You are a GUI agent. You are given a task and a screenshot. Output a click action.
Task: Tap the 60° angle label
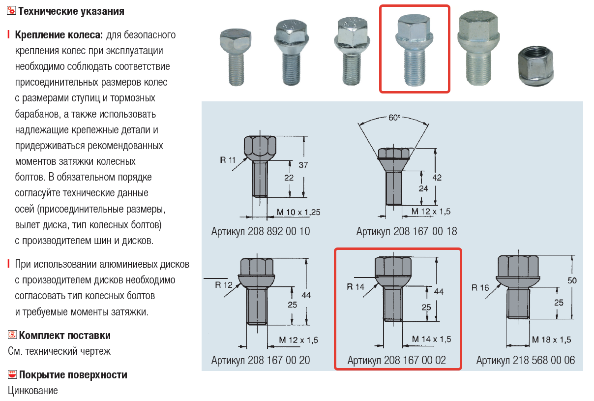point(394,118)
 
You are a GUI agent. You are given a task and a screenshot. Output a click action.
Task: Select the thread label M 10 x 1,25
point(298,212)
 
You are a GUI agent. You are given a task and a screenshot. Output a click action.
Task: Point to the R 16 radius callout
point(480,287)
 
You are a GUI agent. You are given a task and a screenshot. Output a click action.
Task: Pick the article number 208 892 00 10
point(261,231)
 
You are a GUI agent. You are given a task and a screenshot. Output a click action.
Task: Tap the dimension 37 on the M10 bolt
point(303,165)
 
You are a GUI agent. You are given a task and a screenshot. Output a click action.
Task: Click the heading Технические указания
point(71,11)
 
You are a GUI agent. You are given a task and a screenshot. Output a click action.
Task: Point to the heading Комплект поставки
point(64,336)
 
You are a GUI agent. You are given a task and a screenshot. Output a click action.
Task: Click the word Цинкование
point(33,391)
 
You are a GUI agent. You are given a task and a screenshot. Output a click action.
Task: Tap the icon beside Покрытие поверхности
point(13,375)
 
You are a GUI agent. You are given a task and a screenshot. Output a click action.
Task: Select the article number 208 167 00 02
point(397,360)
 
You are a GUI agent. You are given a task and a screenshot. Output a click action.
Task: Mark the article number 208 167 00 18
point(407,231)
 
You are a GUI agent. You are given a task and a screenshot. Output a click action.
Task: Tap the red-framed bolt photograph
point(415,49)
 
